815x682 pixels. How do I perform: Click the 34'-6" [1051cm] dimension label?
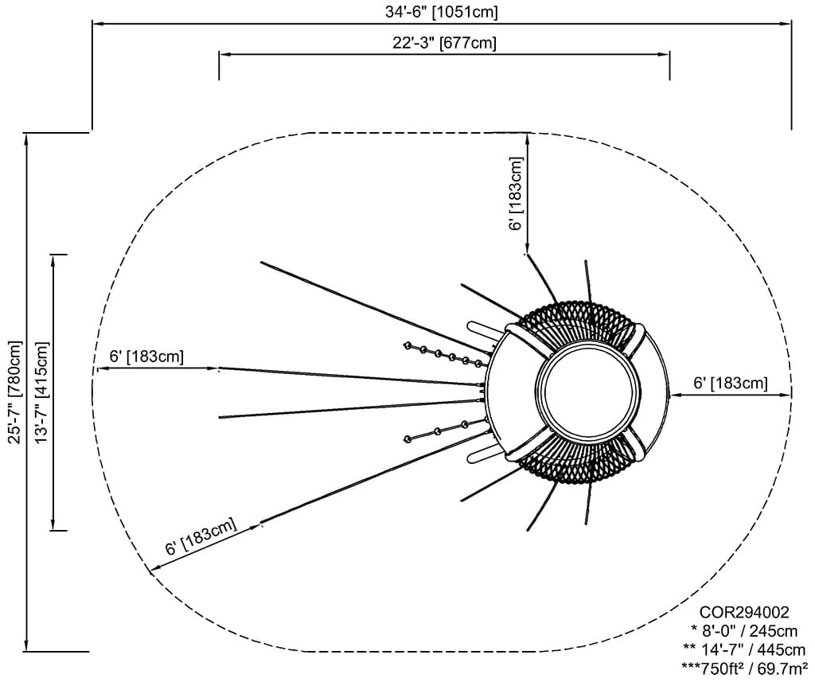(x=442, y=12)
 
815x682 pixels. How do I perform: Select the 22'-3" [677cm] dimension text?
(x=444, y=43)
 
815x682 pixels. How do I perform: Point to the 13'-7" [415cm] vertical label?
(x=41, y=392)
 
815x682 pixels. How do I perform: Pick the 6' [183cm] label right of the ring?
(x=731, y=383)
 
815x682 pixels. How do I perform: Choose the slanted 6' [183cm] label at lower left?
(x=201, y=536)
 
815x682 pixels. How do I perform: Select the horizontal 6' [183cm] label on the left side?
(x=146, y=357)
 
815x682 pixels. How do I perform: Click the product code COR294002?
(x=744, y=613)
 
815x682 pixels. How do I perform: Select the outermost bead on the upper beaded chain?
(x=407, y=345)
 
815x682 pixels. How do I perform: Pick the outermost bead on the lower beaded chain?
(x=408, y=438)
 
